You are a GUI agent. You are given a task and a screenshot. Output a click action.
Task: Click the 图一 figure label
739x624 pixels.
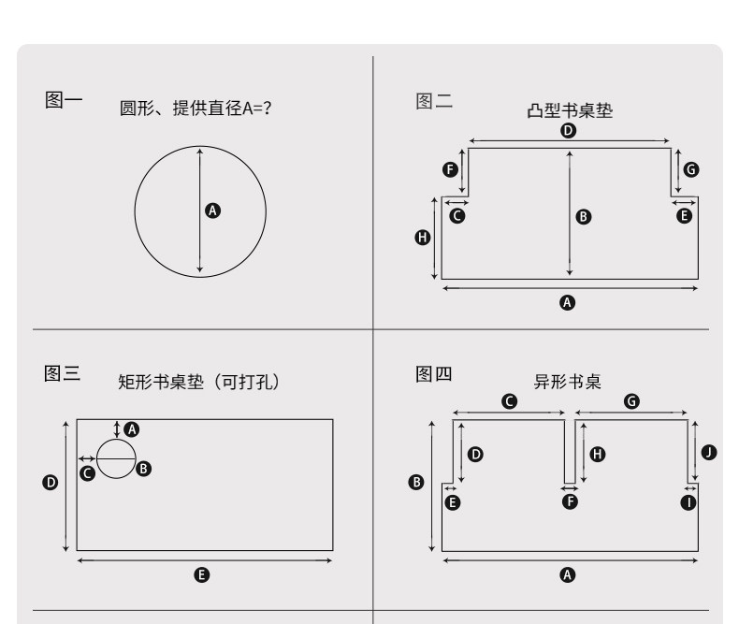(x=64, y=99)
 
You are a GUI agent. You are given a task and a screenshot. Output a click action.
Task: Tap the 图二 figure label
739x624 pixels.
(x=434, y=101)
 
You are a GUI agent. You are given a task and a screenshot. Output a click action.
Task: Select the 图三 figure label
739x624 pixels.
(x=63, y=373)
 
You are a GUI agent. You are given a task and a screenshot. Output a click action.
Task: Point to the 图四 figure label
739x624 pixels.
(x=434, y=374)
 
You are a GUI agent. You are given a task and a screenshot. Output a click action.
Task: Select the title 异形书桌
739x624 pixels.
(x=566, y=382)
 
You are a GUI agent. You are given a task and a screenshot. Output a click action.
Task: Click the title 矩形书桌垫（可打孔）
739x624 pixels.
(x=198, y=382)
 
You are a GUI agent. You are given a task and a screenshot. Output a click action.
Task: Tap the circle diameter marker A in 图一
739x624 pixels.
(x=212, y=210)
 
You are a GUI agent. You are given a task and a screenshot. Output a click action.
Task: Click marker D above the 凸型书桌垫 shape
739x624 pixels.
(x=568, y=130)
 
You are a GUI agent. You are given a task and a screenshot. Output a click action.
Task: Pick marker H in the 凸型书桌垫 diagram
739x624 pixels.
(x=422, y=238)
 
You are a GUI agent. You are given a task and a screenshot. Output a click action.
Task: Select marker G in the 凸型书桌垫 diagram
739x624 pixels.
(x=691, y=169)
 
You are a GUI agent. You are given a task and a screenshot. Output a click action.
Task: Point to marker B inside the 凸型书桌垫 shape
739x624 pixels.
(x=584, y=216)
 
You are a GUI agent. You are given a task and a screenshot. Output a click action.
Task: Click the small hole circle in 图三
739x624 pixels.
(x=116, y=459)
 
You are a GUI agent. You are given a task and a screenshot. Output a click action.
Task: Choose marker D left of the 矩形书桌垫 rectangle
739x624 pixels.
(x=51, y=483)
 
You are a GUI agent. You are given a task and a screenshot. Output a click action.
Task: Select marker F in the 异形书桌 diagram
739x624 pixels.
(x=569, y=501)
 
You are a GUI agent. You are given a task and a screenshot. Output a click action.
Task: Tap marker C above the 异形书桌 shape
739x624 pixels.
(x=509, y=400)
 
